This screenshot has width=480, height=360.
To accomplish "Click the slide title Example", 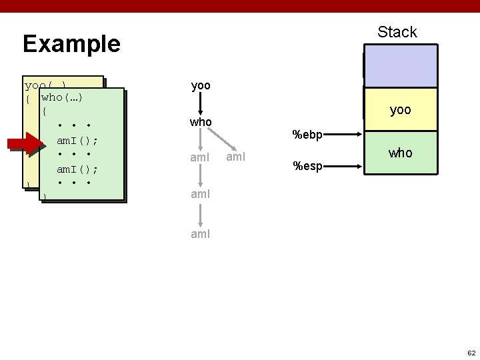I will (x=71, y=44).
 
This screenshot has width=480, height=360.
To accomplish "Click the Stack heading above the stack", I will (x=397, y=32).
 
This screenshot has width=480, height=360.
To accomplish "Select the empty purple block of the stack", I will (x=400, y=66).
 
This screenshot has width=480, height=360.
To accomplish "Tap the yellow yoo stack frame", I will (x=400, y=110).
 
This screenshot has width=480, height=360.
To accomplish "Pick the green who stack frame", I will (x=400, y=153).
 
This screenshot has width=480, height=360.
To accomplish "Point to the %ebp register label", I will (x=307, y=135).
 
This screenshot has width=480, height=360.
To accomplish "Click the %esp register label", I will (x=307, y=165).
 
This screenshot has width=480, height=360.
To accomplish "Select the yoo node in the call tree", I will (x=201, y=86).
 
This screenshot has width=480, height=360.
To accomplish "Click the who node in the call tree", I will (x=201, y=123).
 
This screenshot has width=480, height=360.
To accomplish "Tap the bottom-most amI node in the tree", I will (x=201, y=235).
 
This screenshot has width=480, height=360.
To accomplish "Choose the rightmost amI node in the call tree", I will (x=237, y=157).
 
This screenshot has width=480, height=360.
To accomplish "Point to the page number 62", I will (x=471, y=352).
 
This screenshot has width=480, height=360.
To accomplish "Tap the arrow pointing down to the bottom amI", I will (x=201, y=215).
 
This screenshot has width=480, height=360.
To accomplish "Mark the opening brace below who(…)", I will (x=45, y=111).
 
